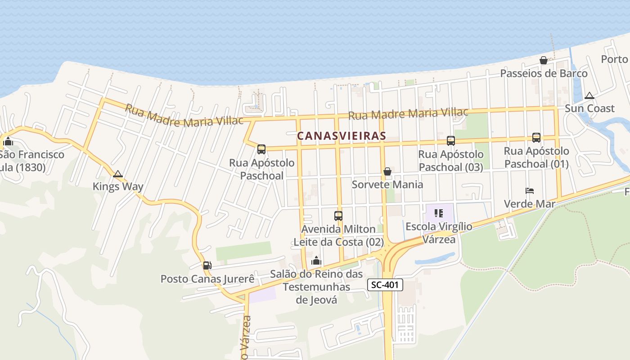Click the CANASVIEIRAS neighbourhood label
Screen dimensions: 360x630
(x=342, y=135)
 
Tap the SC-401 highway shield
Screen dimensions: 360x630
(x=385, y=285)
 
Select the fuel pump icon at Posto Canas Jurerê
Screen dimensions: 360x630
(x=207, y=265)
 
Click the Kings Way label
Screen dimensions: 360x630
(x=118, y=186)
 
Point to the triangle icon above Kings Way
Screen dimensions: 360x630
(x=118, y=174)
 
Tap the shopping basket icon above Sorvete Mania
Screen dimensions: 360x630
(x=387, y=171)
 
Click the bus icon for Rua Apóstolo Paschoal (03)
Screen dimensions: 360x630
(x=450, y=141)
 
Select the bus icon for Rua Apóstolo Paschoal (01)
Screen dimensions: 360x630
(x=536, y=138)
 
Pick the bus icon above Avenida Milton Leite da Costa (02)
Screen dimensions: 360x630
(x=338, y=216)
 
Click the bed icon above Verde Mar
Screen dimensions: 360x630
(x=530, y=191)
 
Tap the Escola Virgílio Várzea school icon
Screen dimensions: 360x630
(x=439, y=213)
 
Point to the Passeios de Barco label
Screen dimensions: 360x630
(x=544, y=73)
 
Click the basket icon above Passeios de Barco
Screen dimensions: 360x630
(x=544, y=60)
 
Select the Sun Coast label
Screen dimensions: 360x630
(x=589, y=108)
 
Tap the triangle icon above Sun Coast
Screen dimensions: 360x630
(x=589, y=95)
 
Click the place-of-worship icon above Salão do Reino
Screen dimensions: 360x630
(x=316, y=261)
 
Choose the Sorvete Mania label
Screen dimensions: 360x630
(x=387, y=184)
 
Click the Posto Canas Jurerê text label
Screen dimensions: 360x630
(x=207, y=279)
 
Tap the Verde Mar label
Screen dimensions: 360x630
(x=530, y=204)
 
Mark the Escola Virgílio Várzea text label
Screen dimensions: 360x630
(x=439, y=233)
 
